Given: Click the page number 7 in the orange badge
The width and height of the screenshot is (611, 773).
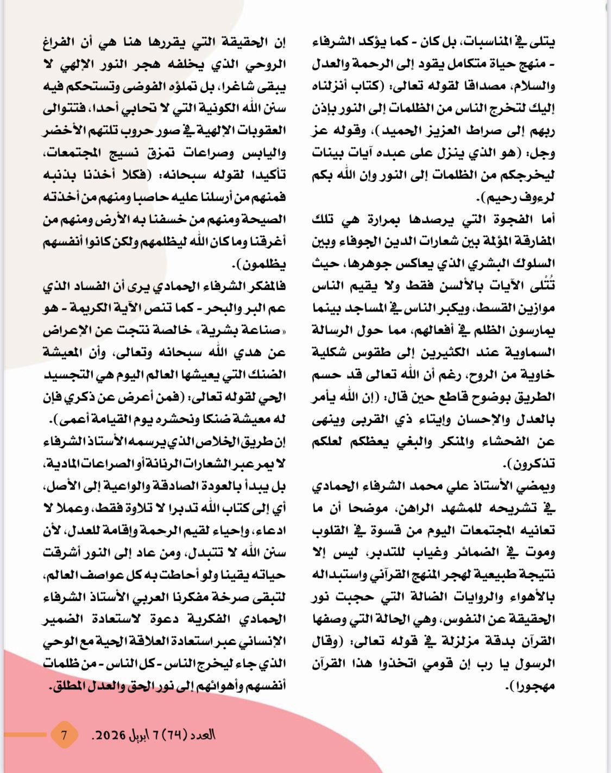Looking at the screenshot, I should [x=64, y=736].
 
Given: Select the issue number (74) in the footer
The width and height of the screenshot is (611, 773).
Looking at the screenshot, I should [x=174, y=736].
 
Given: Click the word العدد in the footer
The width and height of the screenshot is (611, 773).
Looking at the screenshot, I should [x=201, y=735].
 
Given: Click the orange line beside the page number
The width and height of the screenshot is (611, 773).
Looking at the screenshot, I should [x=25, y=735].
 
